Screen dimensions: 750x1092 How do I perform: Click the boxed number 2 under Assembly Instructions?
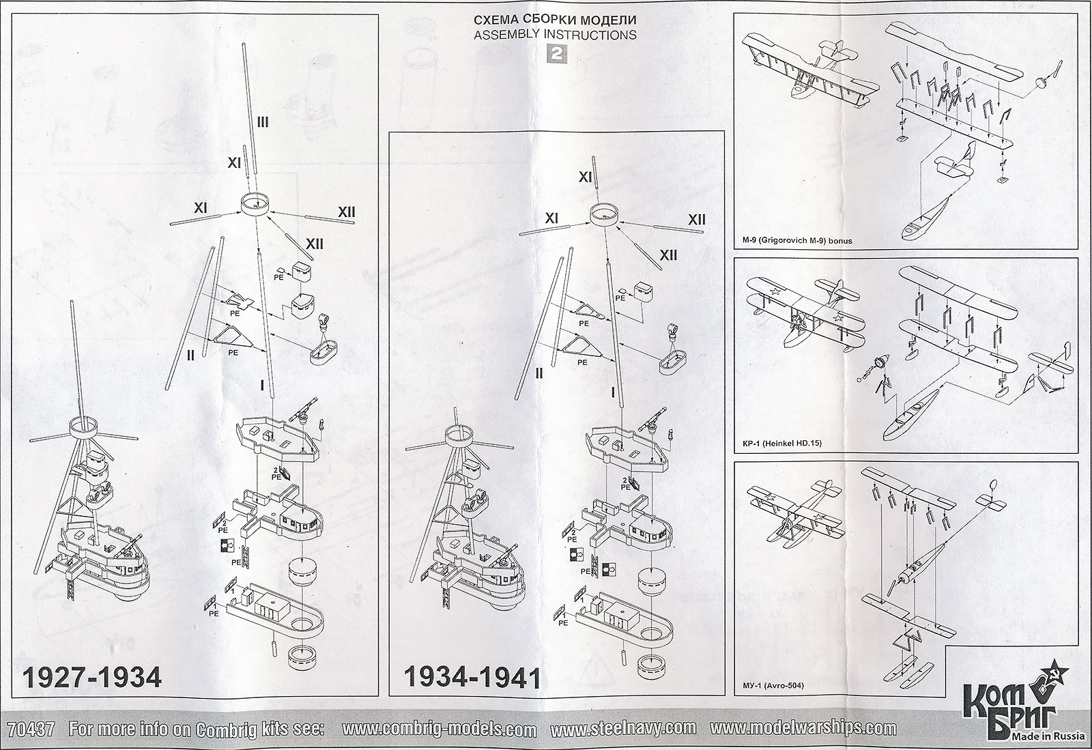(x=556, y=57)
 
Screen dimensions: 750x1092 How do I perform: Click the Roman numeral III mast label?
(x=263, y=122)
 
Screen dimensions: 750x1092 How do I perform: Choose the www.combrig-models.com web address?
(x=439, y=729)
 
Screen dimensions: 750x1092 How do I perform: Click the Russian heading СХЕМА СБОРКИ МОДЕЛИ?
(x=556, y=20)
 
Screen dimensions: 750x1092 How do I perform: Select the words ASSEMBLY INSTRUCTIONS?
(x=556, y=35)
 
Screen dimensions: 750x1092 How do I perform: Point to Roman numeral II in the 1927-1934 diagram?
(x=191, y=355)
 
